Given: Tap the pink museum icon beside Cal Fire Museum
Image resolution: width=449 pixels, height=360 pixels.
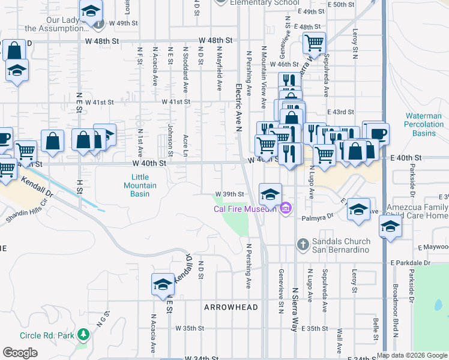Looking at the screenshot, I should point(286,209).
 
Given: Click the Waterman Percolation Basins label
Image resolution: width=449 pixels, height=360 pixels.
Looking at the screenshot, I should point(420,125).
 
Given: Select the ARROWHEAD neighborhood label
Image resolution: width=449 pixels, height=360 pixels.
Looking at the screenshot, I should point(231,307).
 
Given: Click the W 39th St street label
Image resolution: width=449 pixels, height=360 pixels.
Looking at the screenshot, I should point(229,194).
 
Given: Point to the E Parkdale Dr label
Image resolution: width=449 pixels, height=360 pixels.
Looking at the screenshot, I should point(411,263).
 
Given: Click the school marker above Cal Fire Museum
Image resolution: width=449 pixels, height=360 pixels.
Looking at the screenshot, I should point(270,193).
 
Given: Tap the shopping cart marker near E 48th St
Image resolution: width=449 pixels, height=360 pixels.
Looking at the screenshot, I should point(314,43).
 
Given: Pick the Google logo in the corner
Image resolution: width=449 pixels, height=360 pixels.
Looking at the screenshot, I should point(20,353).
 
